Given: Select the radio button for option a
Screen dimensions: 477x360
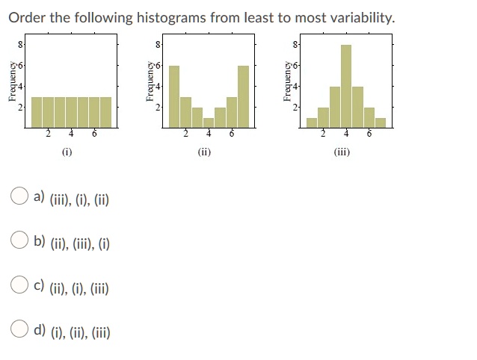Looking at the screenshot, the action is pos(19,196).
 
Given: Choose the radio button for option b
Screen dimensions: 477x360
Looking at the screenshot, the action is pos(19,240).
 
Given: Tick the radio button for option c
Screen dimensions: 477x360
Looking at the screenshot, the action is pos(19,285).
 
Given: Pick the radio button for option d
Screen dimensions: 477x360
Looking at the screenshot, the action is pos(19,329).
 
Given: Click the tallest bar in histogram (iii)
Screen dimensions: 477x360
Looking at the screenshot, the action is pos(346,87).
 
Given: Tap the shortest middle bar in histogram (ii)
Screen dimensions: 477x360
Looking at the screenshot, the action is pos(209,122).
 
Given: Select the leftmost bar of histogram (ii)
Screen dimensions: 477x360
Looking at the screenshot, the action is pos(174,96).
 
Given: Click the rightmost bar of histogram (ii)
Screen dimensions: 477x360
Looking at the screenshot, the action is pos(243,96).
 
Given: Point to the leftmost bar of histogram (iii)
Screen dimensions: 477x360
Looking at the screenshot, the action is pos(312,122).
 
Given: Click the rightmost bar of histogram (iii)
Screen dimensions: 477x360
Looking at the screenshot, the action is pos(381,122).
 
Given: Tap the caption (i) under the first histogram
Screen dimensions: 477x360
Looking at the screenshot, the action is pos(67,152).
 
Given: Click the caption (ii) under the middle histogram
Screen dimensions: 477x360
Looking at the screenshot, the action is pos(204,152).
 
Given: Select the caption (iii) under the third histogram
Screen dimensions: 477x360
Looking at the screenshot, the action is pos(342,152).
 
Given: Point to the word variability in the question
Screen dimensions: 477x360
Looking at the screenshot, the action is pos(363,18).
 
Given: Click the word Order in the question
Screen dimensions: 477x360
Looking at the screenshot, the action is pos(27,18).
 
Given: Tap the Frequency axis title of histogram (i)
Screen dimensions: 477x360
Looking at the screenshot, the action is pos(12,81).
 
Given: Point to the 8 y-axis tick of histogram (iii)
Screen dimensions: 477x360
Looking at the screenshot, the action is pos(295,45).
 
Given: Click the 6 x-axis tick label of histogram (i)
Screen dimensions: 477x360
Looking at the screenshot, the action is pos(94,134).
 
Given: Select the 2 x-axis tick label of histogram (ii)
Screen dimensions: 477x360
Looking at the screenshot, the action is pos(185,134).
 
